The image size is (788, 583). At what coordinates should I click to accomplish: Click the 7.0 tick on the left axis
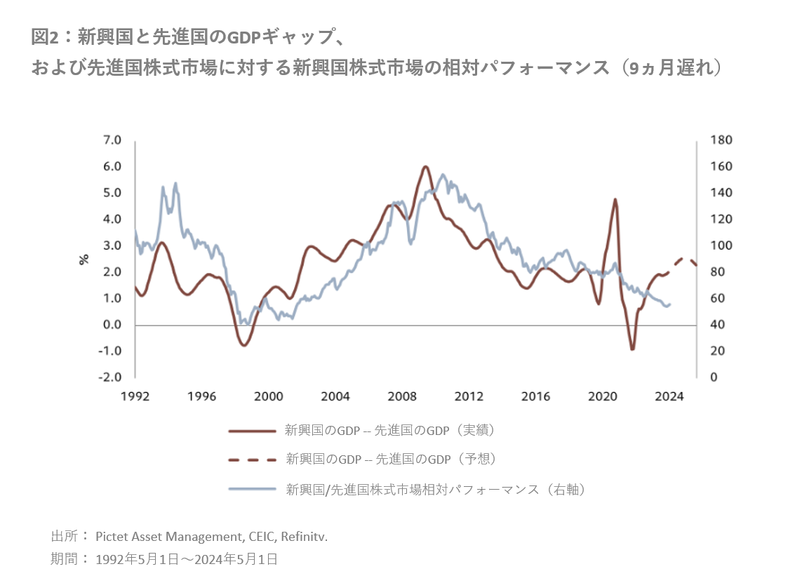[112, 140]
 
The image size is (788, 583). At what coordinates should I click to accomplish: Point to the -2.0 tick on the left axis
[111, 377]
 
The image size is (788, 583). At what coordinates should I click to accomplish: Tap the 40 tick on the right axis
[719, 325]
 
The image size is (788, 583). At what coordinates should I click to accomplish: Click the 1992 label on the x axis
[135, 396]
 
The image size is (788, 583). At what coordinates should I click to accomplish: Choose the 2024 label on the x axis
[669, 396]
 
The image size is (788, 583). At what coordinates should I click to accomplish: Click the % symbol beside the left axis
[84, 259]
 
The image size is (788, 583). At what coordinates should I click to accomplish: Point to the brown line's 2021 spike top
[615, 199]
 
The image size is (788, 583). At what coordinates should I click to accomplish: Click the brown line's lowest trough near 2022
[632, 349]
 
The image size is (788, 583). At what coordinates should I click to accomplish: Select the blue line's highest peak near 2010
[442, 175]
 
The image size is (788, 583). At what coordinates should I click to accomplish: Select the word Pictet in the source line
[112, 537]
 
